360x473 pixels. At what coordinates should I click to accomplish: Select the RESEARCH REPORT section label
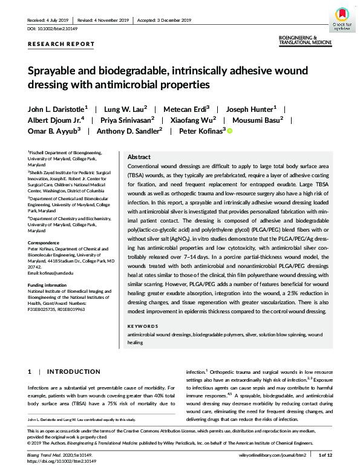click(61, 45)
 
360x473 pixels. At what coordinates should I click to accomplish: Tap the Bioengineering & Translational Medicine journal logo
click(305, 40)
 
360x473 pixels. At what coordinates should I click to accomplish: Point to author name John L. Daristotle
click(56, 109)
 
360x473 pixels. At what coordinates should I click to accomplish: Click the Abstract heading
click(139, 156)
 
